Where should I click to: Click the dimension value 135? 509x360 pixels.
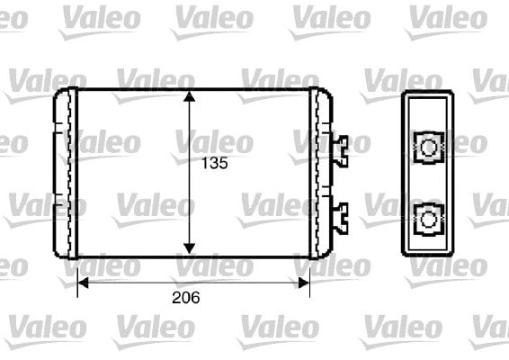tap(215, 163)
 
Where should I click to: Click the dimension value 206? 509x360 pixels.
tap(185, 298)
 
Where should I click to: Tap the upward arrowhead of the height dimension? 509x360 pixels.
tap(189, 96)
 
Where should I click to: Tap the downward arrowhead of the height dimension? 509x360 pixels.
tap(189, 248)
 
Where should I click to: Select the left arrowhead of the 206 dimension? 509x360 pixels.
tap(84, 283)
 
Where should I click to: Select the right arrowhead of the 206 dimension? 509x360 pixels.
tap(304, 283)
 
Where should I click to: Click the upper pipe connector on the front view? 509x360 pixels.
tap(341, 151)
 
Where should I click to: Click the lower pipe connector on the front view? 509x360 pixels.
tap(341, 218)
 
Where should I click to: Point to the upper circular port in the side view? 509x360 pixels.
tap(428, 148)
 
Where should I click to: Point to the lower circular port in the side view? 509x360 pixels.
tap(428, 220)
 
